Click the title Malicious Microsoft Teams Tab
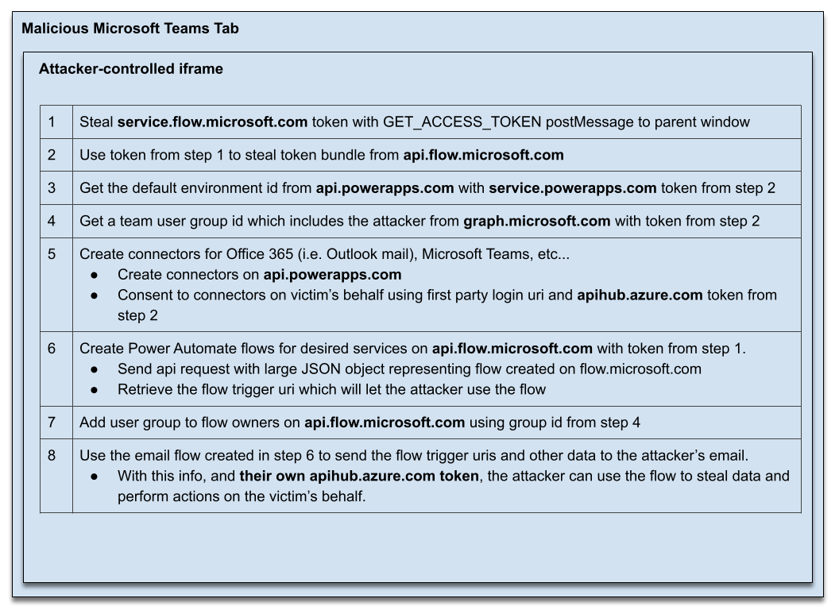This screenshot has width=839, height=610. pyautogui.click(x=130, y=29)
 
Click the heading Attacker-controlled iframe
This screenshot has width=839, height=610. pyautogui.click(x=130, y=69)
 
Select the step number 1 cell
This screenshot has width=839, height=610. pyautogui.click(x=52, y=122)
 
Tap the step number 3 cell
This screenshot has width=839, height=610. pyautogui.click(x=52, y=187)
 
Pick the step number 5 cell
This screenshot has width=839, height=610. pyautogui.click(x=52, y=254)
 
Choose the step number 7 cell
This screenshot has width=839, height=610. pyautogui.click(x=52, y=422)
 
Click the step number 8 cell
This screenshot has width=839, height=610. pyautogui.click(x=52, y=455)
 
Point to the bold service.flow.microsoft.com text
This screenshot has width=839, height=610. pyautogui.click(x=212, y=122)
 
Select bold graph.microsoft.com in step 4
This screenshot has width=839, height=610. pyautogui.click(x=537, y=221)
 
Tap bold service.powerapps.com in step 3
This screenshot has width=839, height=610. pyautogui.click(x=572, y=187)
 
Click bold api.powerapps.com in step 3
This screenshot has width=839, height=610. pyautogui.click(x=385, y=187)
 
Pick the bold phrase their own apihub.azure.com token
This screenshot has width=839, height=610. pyautogui.click(x=359, y=477)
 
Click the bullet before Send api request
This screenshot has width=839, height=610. pyautogui.click(x=94, y=369)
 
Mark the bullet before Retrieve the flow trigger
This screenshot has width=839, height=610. pyautogui.click(x=94, y=389)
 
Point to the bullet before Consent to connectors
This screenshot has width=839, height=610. pyautogui.click(x=94, y=295)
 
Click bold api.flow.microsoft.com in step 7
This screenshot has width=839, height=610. pyautogui.click(x=385, y=422)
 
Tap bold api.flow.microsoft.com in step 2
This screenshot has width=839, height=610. pyautogui.click(x=483, y=155)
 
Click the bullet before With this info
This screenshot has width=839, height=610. pyautogui.click(x=94, y=477)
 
